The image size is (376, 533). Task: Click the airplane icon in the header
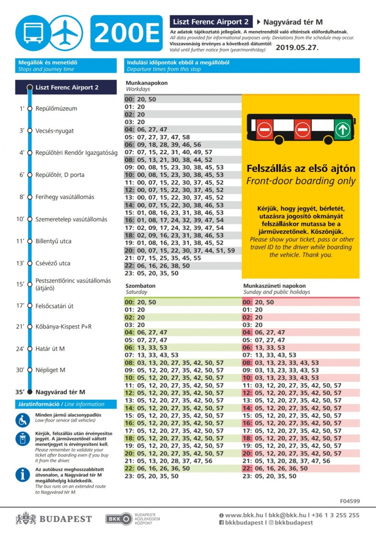66,32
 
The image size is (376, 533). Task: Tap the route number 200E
126,33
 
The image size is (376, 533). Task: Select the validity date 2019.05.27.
297,47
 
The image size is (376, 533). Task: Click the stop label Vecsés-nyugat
55,131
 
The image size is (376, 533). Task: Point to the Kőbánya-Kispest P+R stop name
63,326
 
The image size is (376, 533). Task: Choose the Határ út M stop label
50,349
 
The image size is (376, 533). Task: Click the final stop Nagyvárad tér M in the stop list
60,392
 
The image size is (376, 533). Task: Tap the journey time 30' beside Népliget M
20,370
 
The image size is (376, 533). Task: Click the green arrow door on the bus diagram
343,129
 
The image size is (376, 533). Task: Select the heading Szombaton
140,286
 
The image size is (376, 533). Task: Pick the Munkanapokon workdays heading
147,83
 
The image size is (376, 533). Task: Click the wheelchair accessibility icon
23,420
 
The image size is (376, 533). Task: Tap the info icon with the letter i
23,475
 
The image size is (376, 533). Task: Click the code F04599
349,501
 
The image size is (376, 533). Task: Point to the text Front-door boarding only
301,181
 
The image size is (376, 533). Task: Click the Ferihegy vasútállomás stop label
65,197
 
